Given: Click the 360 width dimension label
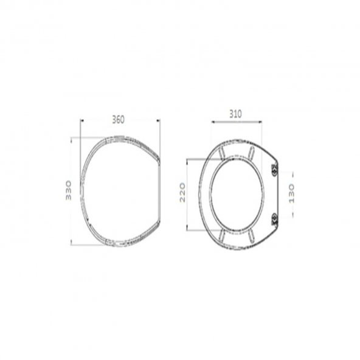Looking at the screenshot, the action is pos(118,120).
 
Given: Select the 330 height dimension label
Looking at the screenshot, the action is pos(69,190).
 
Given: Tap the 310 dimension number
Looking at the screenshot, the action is pos(235,114).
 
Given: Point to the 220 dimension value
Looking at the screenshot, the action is pos(182,192).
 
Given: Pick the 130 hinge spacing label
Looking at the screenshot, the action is pos(291,193).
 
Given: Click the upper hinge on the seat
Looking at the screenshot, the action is pos(275,170).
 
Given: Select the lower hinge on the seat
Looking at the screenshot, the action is pos(275,220).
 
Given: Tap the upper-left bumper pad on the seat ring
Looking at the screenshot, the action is pos(222,153).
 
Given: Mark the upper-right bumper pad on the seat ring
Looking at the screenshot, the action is pos(251,151).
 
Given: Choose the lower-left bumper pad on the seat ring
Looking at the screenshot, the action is pos(222,237).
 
